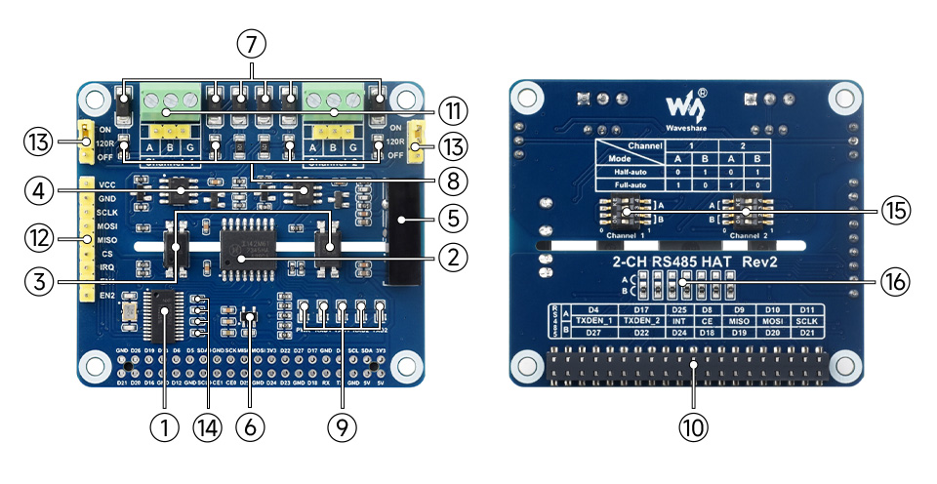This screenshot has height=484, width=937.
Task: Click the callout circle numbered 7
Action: click(x=252, y=44)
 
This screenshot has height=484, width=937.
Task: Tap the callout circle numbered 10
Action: click(x=694, y=426)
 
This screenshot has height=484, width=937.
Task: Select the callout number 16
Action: click(x=895, y=282)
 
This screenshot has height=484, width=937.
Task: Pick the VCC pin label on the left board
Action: click(x=107, y=183)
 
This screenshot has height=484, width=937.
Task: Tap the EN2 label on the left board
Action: click(x=107, y=295)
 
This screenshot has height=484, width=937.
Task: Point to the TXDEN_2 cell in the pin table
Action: click(x=640, y=320)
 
